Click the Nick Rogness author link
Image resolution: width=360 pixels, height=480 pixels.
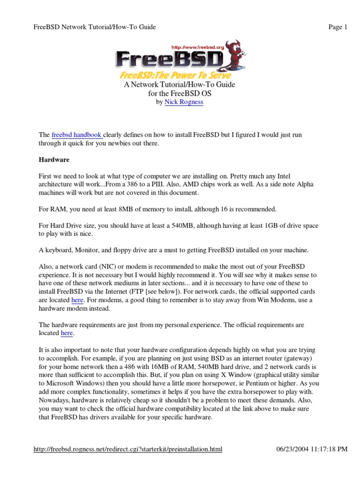(x=184, y=102)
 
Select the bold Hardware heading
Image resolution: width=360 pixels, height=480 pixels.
(x=53, y=160)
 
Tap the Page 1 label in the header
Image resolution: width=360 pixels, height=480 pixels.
(x=337, y=27)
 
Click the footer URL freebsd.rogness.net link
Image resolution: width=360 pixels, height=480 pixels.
(x=128, y=450)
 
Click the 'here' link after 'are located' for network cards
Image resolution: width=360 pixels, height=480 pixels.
(x=78, y=300)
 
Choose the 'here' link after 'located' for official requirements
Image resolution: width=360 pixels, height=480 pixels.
(x=67, y=333)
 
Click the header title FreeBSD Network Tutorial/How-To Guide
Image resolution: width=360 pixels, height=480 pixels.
(x=95, y=27)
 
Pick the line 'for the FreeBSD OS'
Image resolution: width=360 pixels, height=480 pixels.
(x=180, y=93)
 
